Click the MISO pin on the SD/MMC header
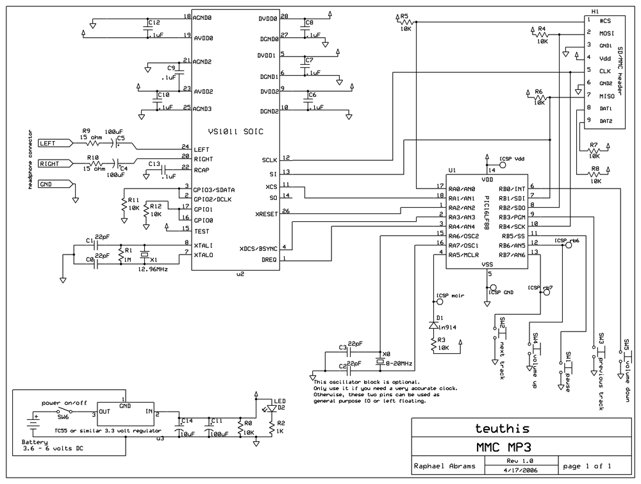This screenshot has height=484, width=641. pos(603,96)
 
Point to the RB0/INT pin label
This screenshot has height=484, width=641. pos(512,188)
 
